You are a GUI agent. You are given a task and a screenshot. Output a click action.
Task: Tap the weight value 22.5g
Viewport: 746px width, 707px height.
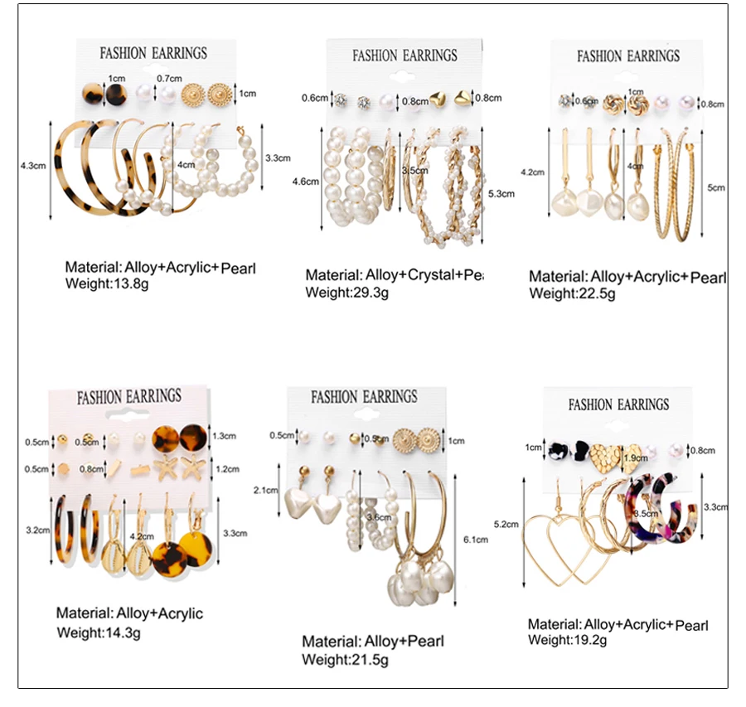point(590,293)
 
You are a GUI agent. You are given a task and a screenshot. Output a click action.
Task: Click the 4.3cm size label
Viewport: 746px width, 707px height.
point(32,166)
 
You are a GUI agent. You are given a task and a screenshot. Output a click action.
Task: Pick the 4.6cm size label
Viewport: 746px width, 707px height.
point(306,181)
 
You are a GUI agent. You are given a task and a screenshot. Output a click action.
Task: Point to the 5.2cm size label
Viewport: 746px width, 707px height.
point(506,524)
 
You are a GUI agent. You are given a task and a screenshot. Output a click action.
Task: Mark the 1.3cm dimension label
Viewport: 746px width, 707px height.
point(225,434)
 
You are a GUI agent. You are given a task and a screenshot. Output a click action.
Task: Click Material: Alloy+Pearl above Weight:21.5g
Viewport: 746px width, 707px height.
point(373,642)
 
